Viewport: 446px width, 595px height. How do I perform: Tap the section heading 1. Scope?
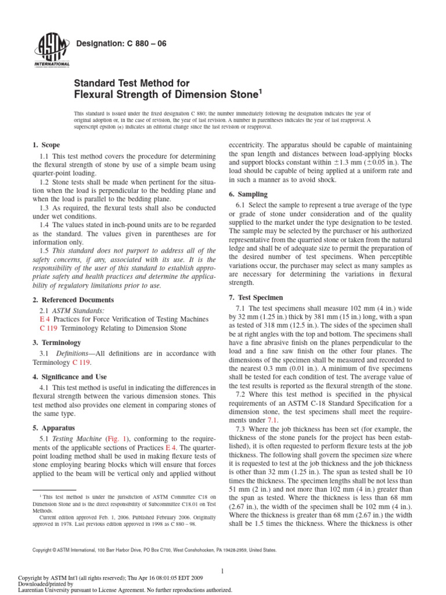(46, 145)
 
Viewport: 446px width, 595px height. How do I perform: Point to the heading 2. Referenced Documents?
(73, 300)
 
